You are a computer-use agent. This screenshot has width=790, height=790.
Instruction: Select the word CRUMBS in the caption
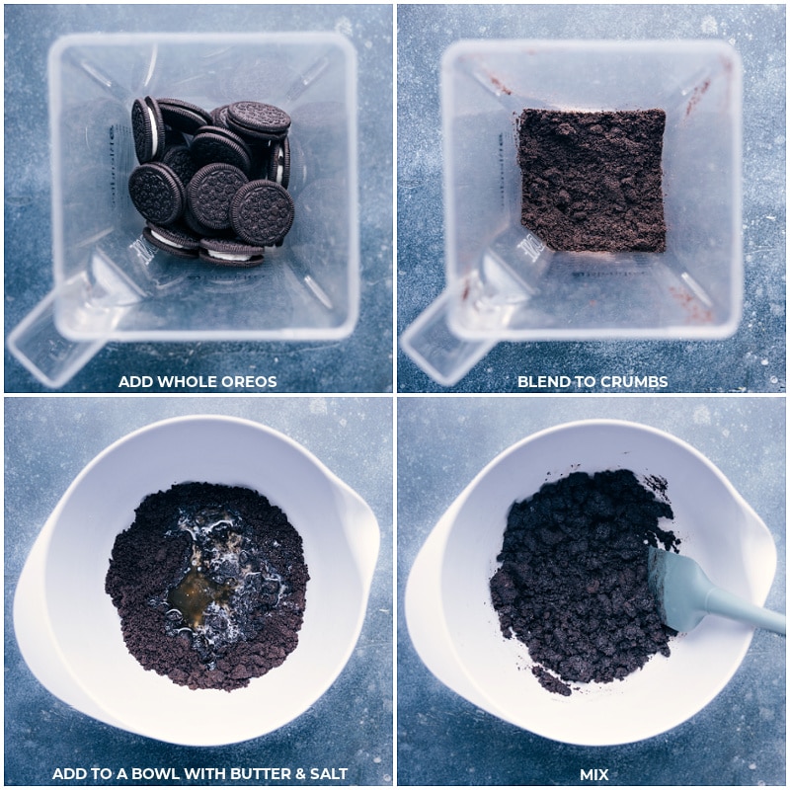[633, 381]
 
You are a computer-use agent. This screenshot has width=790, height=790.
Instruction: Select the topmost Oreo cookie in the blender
[259, 119]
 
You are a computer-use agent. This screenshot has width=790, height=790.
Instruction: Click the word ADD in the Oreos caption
[135, 381]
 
